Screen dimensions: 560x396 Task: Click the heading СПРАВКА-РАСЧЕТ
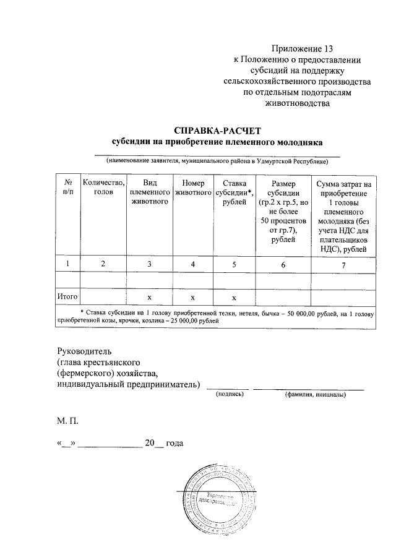[218, 131]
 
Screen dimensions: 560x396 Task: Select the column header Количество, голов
[103, 188]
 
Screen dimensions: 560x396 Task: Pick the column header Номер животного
[193, 188]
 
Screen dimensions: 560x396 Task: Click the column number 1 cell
[67, 264]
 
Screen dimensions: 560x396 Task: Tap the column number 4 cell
[193, 264]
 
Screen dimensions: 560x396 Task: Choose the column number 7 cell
[343, 264]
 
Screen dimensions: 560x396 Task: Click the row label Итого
[67, 297]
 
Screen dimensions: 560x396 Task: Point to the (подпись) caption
[227, 394]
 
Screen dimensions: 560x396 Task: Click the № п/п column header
[67, 188]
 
